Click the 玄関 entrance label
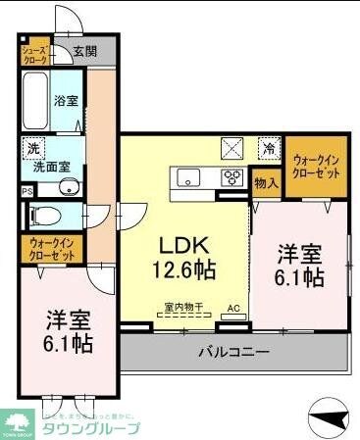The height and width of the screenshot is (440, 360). point(84,51)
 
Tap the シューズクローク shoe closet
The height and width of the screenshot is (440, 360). point(33,52)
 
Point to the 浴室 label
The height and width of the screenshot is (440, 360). point(66,101)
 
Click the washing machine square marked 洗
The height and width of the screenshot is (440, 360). point(33,150)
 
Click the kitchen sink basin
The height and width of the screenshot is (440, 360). point(188,177)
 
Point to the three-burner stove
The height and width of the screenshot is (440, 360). point(233,177)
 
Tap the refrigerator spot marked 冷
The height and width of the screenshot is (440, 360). point(268,150)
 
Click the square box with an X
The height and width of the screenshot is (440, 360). point(233,149)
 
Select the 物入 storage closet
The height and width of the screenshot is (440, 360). point(266,181)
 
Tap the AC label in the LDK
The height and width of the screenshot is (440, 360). point(233,309)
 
